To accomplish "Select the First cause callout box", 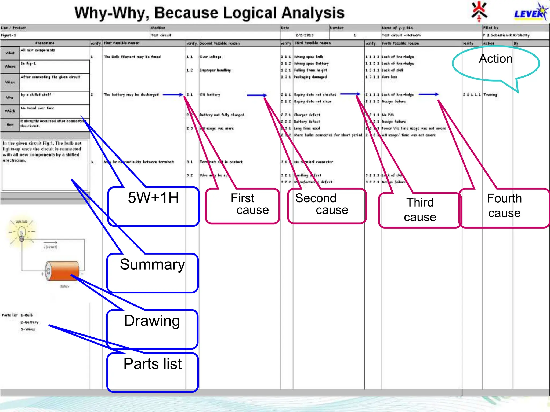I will [243, 206].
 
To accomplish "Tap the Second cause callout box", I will [327, 206].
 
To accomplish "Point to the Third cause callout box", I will [420, 210].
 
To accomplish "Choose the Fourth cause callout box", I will [504, 208].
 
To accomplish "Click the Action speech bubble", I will [496, 63].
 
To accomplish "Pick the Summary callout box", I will [152, 273].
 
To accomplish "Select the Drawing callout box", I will [152, 329].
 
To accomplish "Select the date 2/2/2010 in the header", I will [305, 35].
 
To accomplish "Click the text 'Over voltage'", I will [211, 57].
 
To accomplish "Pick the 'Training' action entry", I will [490, 95].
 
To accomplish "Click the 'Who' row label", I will [10, 98].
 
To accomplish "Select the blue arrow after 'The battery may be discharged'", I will [173, 95].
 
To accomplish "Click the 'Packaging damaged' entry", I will [310, 77].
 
